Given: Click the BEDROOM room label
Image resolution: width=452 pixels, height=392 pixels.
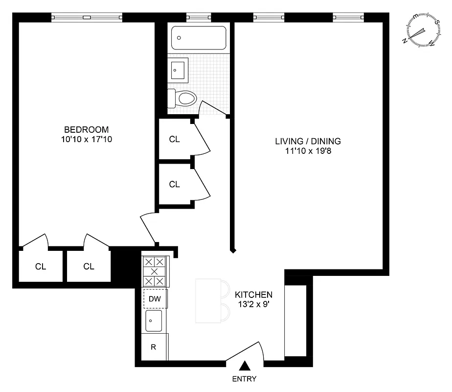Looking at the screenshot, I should tap(86, 129).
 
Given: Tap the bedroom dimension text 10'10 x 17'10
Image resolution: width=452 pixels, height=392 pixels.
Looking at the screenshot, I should tap(86, 139).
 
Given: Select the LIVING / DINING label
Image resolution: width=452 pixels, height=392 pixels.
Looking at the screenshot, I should tap(308, 141).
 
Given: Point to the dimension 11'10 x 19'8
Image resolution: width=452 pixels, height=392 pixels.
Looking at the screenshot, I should tap(308, 151).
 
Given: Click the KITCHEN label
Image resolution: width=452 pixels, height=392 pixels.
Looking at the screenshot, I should tap(253, 294).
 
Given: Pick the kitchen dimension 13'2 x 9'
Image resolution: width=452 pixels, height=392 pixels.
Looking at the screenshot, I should tap(253, 304).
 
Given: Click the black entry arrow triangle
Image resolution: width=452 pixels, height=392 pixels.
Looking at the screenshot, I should tap(245, 366).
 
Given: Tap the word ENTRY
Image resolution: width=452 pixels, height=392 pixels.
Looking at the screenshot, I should tap(244, 379).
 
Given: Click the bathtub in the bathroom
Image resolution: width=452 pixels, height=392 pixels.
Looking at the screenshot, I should tap(199, 38).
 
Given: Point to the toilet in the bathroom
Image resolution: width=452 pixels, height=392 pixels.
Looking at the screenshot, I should tap(183, 98).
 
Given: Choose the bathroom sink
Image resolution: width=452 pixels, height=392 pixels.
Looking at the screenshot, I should tap(178, 70).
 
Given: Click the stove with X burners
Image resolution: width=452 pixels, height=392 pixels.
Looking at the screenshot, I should tap(155, 271).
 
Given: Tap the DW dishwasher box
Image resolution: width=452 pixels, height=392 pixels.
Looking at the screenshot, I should tap(155, 298).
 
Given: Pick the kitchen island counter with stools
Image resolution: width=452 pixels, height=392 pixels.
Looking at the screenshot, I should tap(208, 300).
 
